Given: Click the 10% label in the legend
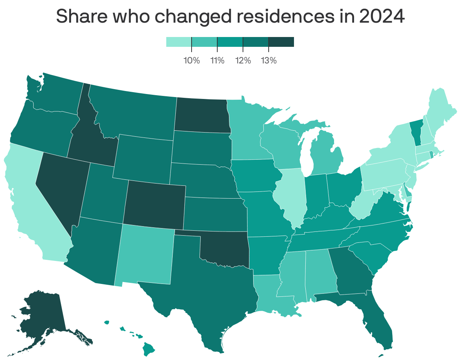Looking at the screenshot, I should (x=192, y=60).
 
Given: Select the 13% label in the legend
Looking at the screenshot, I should (x=269, y=60).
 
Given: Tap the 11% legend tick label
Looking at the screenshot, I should (x=217, y=60).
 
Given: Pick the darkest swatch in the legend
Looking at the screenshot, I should (x=281, y=42).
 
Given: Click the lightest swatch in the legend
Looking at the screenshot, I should (x=179, y=42).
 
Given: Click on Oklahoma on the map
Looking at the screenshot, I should (x=223, y=249).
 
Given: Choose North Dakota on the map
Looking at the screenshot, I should (x=202, y=115).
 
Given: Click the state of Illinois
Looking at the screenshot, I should (x=291, y=196).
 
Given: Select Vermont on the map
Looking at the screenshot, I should (x=416, y=132).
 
